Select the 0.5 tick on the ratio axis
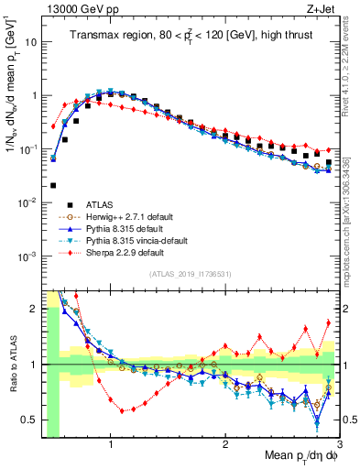coord(32,420)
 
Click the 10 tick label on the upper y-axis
coord(31,42)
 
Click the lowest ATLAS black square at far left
coord(53,185)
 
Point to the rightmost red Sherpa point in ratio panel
coord(329,322)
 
